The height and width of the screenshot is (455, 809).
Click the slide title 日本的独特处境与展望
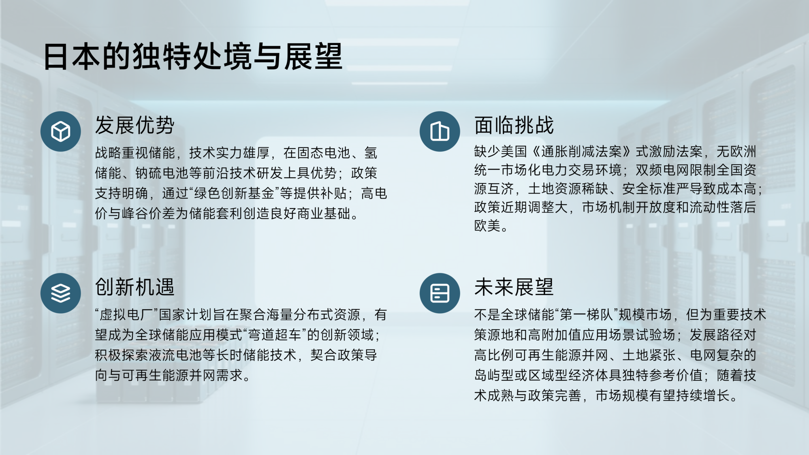(193, 56)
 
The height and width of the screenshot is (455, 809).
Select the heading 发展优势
(135, 125)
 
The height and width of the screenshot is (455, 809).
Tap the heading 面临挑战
(514, 125)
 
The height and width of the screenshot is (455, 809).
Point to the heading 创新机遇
(135, 287)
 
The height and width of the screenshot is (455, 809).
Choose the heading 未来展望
(514, 287)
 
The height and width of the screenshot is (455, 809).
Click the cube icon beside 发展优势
(60, 132)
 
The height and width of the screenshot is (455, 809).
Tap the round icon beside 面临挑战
(440, 132)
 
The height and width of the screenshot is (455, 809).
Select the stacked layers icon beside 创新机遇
(60, 293)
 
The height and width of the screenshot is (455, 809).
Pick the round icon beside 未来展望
(440, 293)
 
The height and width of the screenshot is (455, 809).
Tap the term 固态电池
(324, 153)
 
